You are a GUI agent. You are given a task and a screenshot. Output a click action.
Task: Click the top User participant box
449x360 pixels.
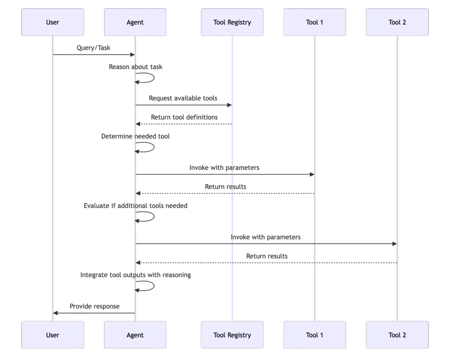[52, 22]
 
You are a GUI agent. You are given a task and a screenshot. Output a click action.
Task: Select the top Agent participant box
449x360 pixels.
[135, 22]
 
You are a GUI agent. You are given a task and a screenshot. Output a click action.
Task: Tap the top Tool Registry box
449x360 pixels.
[232, 22]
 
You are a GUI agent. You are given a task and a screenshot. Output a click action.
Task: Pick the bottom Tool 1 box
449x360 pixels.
[315, 335]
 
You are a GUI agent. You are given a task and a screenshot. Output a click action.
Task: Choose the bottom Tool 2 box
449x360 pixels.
[397, 335]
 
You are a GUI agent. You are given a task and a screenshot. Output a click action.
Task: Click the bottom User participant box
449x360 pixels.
[52, 335]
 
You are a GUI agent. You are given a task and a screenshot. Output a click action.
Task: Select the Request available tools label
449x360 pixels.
[183, 98]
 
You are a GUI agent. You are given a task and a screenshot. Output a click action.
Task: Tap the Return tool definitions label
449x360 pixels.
[184, 117]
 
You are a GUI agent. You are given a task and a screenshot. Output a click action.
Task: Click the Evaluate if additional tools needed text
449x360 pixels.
[136, 205]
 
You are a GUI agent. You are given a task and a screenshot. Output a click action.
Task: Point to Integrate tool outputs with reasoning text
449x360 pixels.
[136, 275]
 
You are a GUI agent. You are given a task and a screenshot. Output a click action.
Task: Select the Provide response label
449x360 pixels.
[95, 306]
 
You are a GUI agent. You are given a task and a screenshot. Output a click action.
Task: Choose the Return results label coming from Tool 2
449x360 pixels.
[267, 256]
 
